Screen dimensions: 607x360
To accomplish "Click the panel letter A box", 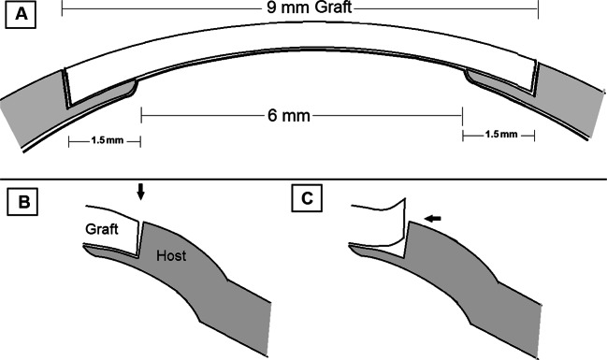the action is pyautogui.click(x=21, y=16).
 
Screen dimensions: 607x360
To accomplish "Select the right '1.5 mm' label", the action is pyautogui.click(x=499, y=136).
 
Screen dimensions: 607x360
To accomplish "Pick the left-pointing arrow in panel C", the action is pyautogui.click(x=432, y=219).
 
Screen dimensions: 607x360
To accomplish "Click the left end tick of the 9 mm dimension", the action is pyautogui.click(x=63, y=8).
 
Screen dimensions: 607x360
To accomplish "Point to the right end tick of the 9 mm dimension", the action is pyautogui.click(x=539, y=8).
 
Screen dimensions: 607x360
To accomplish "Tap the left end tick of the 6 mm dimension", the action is pyautogui.click(x=141, y=116).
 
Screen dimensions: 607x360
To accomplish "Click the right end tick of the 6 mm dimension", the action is pyautogui.click(x=462, y=116).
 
